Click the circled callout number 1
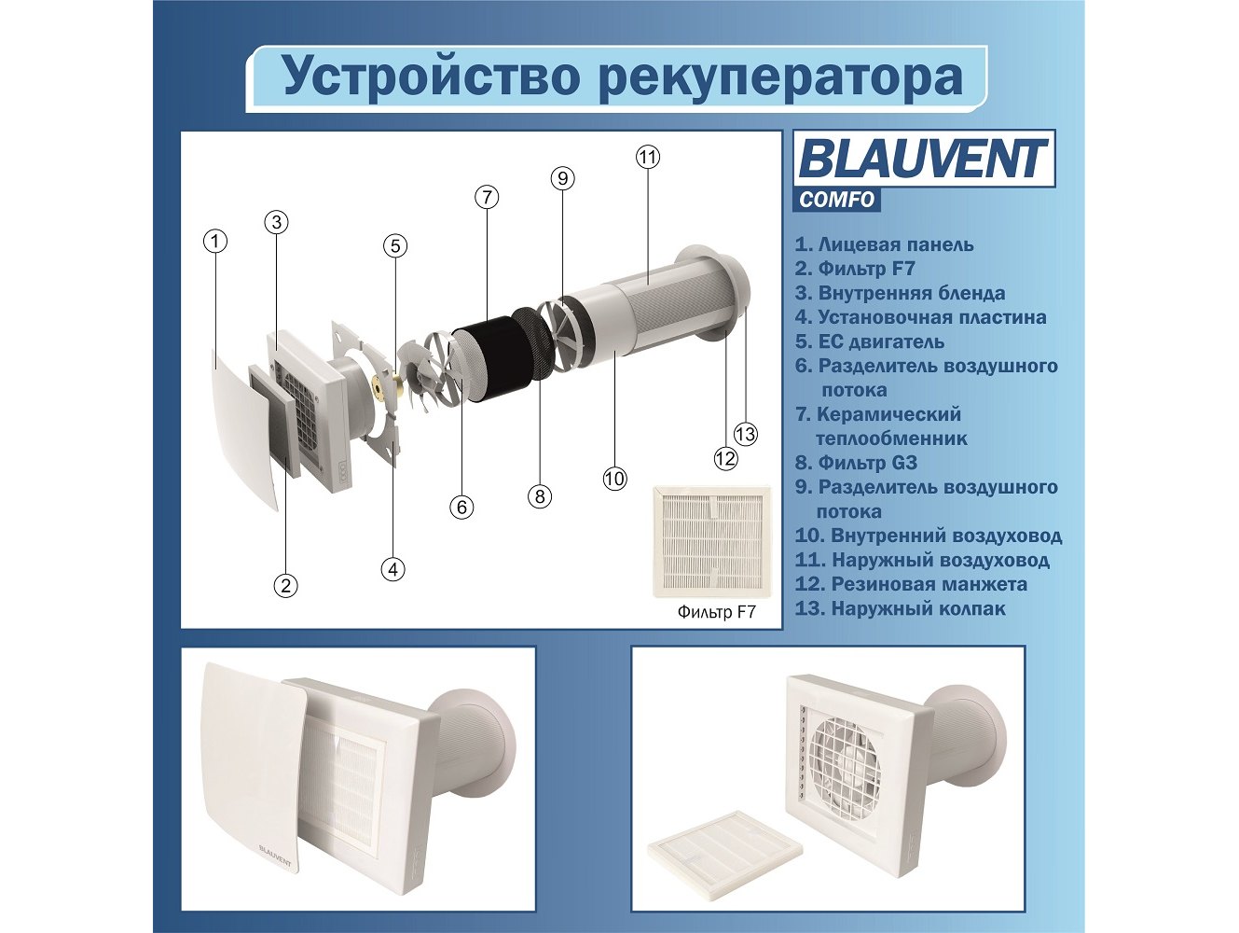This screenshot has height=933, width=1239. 214,242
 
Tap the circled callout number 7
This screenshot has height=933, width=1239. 487,197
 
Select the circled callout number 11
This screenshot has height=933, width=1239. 647,157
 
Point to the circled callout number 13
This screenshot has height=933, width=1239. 745,434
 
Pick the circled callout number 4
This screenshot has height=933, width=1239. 392,569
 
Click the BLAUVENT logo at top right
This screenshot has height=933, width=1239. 924,159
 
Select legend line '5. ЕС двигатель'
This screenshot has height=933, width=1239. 869,341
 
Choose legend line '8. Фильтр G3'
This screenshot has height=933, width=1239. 856,463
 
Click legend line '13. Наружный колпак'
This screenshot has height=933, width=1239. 901,609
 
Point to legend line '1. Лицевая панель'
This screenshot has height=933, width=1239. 884,244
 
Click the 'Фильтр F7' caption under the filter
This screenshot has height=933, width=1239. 716,612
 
